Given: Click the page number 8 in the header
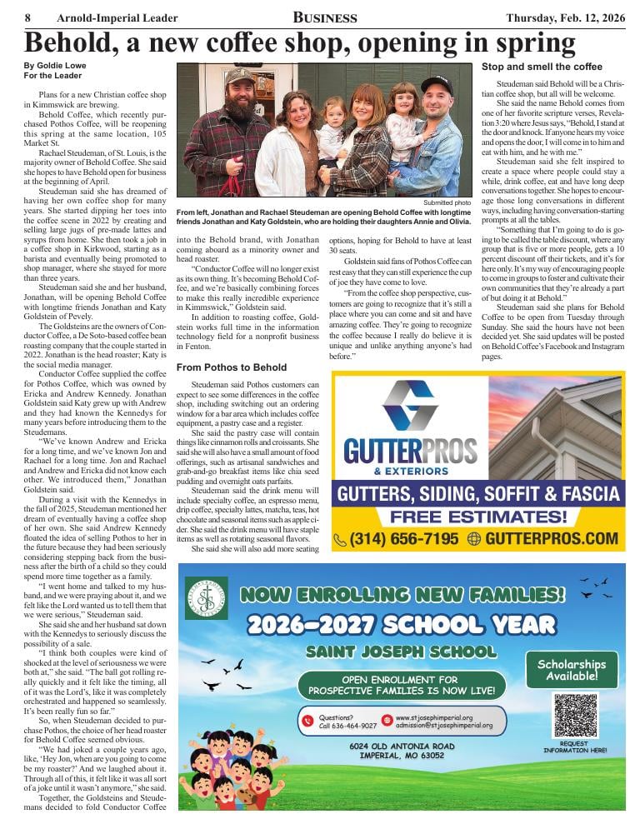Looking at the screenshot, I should click(x=28, y=17).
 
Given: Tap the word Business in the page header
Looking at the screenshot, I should click(x=325, y=17).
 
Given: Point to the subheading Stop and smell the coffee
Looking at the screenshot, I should click(x=542, y=67).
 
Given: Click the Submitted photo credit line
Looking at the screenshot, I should click(x=448, y=202).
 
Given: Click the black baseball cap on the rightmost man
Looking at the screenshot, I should click(x=436, y=83).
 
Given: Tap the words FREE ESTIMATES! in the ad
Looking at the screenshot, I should click(x=478, y=517).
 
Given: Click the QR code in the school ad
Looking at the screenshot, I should click(x=576, y=714).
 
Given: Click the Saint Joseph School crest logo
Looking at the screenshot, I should click(x=206, y=597).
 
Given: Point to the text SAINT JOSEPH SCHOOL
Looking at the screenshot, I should click(x=401, y=652).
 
